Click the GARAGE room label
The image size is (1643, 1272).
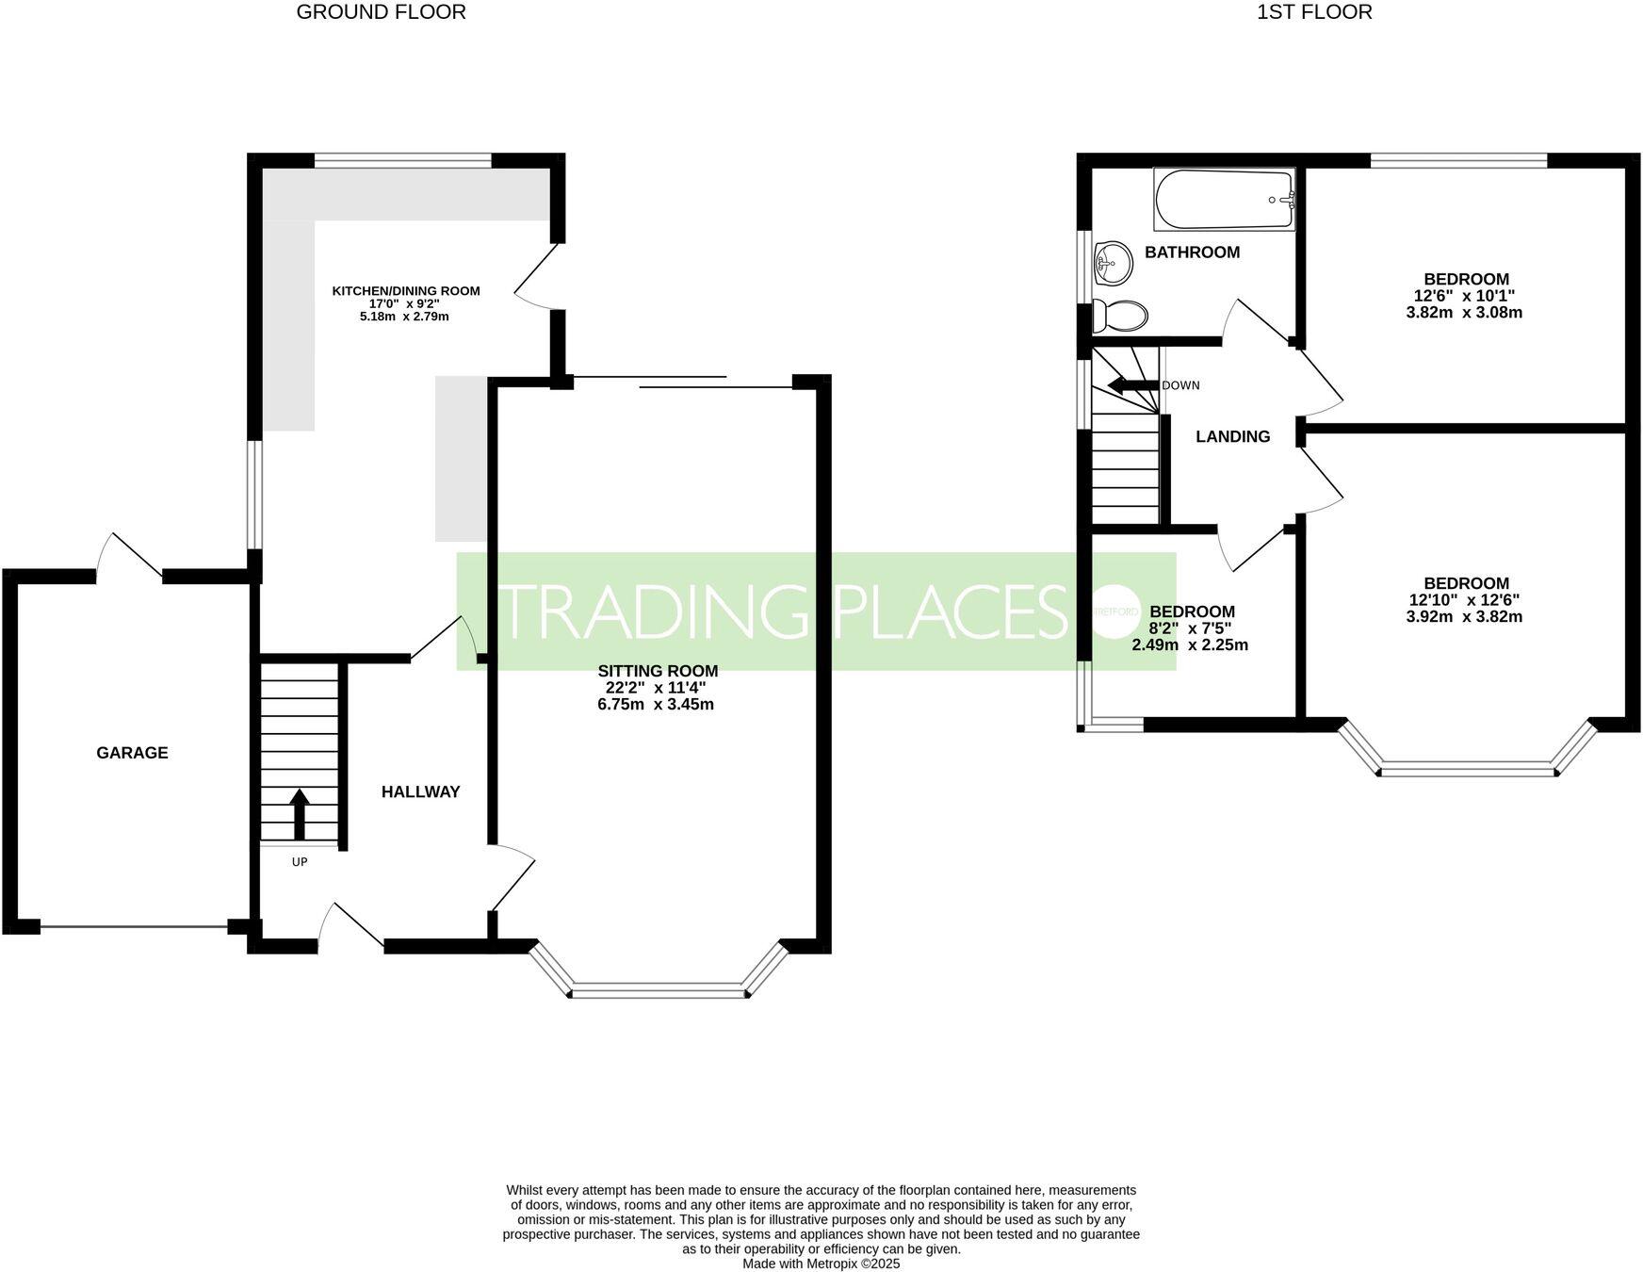(132, 753)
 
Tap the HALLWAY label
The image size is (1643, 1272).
(420, 792)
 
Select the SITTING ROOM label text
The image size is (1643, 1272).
(658, 671)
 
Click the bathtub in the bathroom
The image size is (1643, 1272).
(1224, 200)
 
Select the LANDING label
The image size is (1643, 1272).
(1232, 436)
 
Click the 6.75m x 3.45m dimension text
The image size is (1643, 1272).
(656, 705)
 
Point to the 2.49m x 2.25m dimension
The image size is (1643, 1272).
(1190, 645)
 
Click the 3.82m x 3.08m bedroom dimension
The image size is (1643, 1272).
(1464, 313)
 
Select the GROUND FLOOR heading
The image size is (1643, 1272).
(381, 12)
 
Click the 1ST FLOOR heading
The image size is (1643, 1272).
(1313, 12)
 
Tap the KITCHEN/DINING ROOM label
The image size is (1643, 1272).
(406, 291)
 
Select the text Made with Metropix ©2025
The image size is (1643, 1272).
(821, 1264)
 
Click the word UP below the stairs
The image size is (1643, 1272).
(300, 861)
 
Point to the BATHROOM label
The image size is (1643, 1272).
(1192, 253)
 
